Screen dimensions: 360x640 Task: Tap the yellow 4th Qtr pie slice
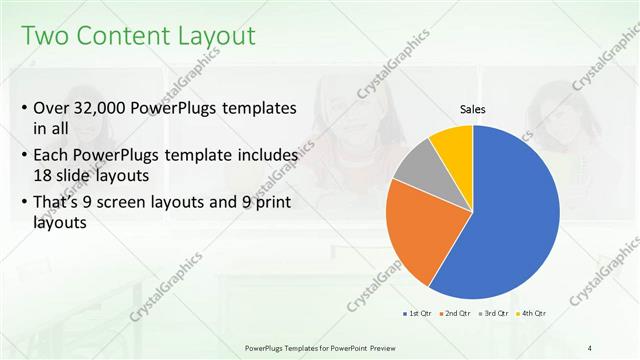point(453,145)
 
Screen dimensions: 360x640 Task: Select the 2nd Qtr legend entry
point(455,313)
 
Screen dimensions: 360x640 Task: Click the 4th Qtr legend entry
point(531,313)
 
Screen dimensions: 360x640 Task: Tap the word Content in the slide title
point(120,37)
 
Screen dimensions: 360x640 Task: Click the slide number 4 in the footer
point(590,347)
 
